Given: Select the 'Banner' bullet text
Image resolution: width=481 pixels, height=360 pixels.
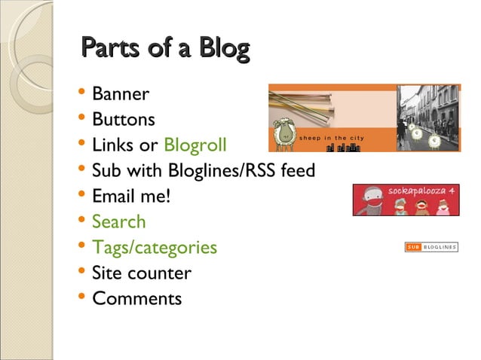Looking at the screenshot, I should click(x=121, y=95).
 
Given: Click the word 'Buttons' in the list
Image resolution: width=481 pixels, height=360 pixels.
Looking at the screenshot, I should click(x=124, y=120).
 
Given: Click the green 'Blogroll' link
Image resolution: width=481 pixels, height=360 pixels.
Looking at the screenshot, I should click(x=195, y=145).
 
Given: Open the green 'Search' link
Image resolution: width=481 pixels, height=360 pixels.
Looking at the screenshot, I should click(x=118, y=222).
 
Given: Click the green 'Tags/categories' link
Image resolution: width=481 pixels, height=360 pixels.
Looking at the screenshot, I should click(x=154, y=248).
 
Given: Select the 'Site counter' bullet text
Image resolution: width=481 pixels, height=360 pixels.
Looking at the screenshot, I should click(x=141, y=273).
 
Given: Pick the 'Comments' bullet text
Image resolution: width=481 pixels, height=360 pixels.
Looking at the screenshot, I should click(x=136, y=299).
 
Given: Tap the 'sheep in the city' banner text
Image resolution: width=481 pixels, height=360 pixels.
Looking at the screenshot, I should click(x=332, y=138).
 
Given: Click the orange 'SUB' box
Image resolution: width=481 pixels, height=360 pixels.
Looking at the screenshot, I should click(x=412, y=247).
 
